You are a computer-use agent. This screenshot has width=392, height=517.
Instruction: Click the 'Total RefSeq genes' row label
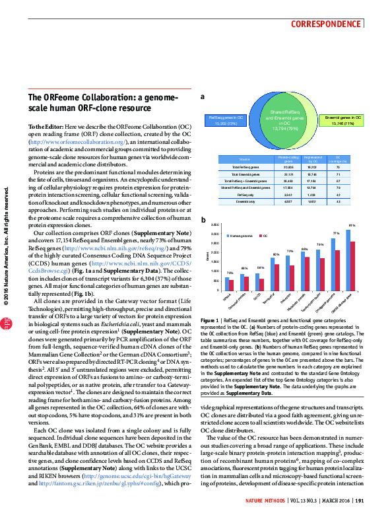tap(245, 168)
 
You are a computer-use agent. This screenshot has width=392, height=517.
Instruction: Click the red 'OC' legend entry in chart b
tap(264, 236)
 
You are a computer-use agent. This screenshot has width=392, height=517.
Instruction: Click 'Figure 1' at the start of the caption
tap(210, 319)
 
